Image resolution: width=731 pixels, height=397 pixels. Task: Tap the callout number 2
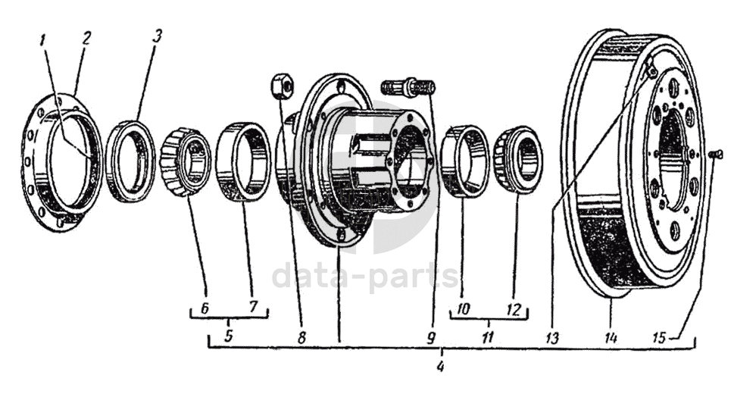coord(86,39)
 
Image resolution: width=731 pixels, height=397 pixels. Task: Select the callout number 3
coord(157,36)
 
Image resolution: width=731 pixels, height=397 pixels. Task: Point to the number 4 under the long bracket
coord(439,367)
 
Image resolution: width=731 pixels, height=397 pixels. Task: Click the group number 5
coord(228,336)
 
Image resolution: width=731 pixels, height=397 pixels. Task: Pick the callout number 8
coord(301,337)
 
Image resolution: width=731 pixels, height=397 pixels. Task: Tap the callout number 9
coord(430,337)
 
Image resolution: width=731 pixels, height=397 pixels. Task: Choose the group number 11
coord(487,337)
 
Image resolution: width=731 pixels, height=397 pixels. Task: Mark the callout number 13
coord(551,338)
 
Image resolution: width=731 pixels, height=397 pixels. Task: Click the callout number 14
coord(611,337)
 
